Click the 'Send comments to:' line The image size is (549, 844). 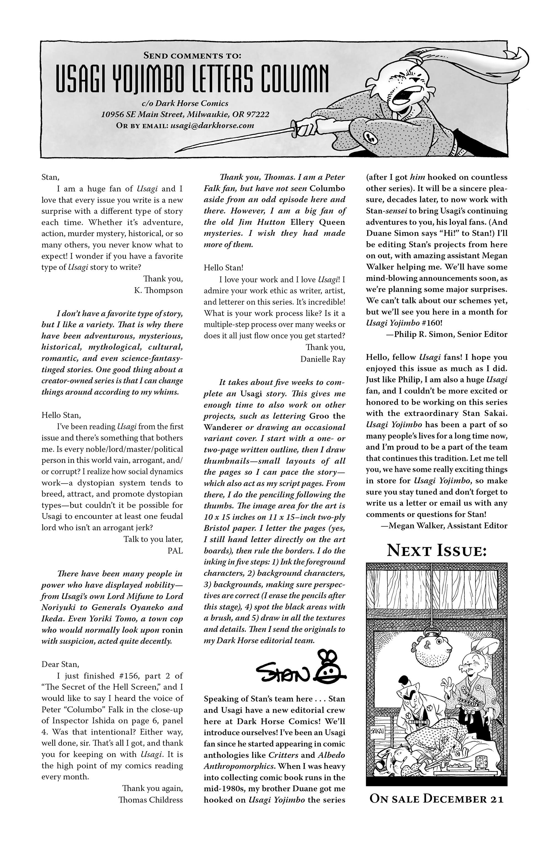(x=192, y=55)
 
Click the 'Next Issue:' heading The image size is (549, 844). (x=436, y=551)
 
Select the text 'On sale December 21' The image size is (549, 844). (x=436, y=799)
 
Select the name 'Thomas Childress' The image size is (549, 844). (x=151, y=800)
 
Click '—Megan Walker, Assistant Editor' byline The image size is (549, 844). (x=444, y=526)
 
